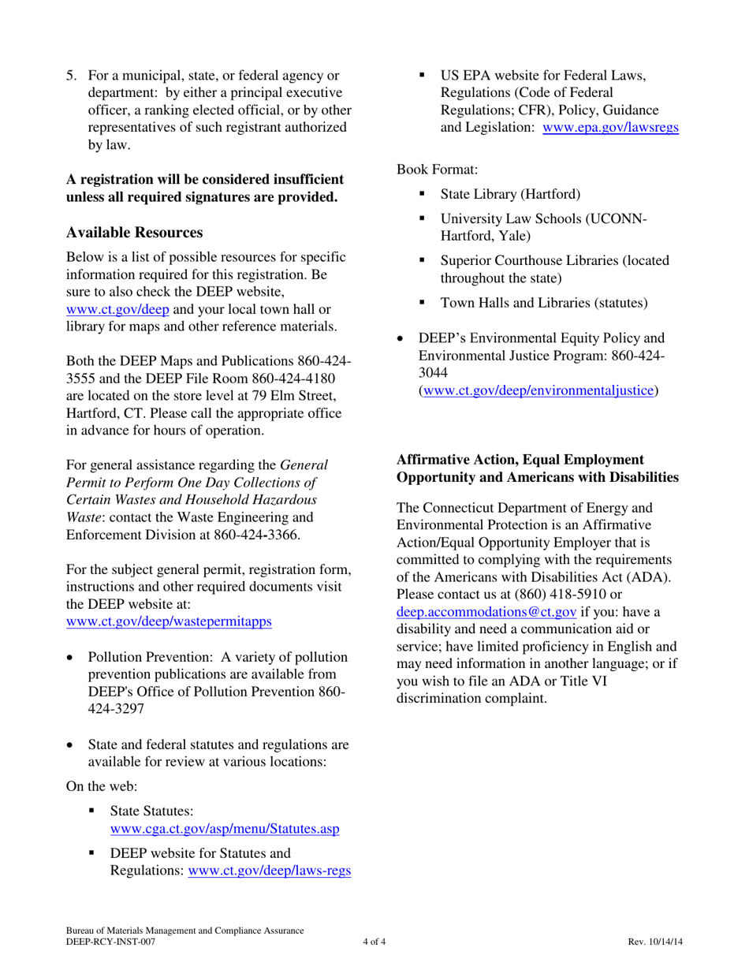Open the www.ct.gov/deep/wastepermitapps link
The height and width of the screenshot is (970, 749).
point(170,621)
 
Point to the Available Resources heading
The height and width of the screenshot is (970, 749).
point(135,233)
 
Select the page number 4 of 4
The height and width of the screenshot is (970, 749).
point(374,942)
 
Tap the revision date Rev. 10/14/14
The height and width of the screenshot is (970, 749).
point(655,942)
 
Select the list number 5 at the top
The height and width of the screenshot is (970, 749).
point(72,76)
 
